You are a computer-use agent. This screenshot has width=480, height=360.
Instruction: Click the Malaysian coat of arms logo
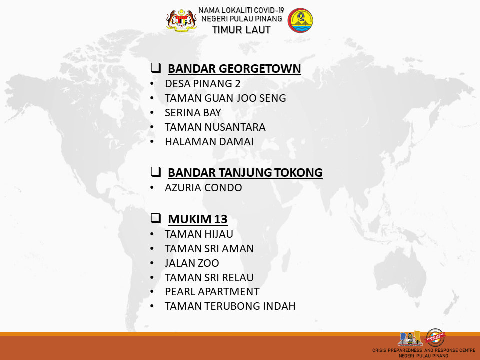[181, 20]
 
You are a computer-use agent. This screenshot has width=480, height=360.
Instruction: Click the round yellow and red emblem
[300, 20]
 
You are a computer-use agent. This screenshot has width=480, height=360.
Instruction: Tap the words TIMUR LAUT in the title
[241, 30]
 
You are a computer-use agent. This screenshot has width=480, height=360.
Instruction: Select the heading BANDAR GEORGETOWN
[234, 69]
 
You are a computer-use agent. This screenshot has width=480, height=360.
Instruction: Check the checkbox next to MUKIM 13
[156, 218]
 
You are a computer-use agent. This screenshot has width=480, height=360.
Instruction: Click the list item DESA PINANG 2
[202, 84]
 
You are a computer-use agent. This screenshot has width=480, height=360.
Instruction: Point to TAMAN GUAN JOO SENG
[225, 98]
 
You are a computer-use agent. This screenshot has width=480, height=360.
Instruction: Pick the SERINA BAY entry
[193, 113]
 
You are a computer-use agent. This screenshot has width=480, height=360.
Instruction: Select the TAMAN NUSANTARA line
[215, 127]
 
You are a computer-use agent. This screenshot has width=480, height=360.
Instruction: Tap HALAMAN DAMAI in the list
[209, 141]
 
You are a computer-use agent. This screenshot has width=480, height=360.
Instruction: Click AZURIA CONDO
[203, 187]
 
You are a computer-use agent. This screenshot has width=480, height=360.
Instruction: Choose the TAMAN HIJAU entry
[199, 234]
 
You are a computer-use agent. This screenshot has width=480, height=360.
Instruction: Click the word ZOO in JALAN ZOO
[209, 263]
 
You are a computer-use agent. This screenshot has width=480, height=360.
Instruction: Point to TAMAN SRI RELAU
[209, 277]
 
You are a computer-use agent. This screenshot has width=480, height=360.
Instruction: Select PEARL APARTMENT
[212, 292]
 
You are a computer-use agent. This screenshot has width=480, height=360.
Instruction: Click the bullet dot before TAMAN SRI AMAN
[152, 249]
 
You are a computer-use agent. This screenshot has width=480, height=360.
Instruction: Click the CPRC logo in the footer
[410, 338]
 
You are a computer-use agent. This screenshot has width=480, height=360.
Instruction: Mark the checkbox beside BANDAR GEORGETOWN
[156, 67]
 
